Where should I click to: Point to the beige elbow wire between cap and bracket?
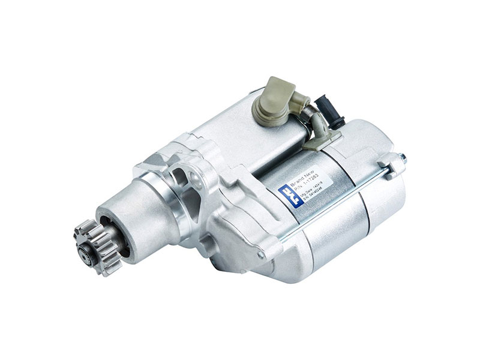[316, 123]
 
